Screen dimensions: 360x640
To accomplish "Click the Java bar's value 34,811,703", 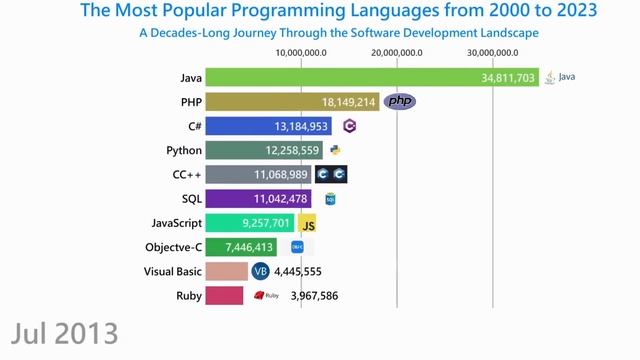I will pyautogui.click(x=508, y=78).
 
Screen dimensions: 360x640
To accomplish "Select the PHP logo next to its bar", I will pyautogui.click(x=400, y=101).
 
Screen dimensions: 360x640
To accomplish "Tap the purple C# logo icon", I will pyautogui.click(x=349, y=126).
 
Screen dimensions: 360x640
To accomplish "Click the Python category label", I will pyautogui.click(x=184, y=150).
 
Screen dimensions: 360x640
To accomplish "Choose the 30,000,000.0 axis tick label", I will pyautogui.click(x=494, y=52).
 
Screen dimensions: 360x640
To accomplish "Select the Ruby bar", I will pyautogui.click(x=224, y=296).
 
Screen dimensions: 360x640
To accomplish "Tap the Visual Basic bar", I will pyautogui.click(x=226, y=272).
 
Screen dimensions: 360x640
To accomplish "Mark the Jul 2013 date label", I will pyautogui.click(x=66, y=333).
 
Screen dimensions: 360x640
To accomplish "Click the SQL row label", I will pyautogui.click(x=192, y=199).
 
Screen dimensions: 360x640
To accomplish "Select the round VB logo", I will pyautogui.click(x=261, y=272).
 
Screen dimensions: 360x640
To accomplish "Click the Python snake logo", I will pyautogui.click(x=335, y=151).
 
